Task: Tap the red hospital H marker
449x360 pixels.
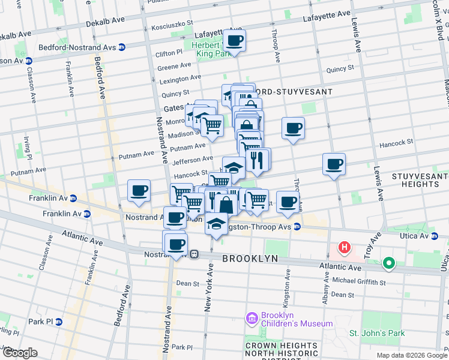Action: pos(345,247)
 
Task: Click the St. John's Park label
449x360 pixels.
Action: pos(377,333)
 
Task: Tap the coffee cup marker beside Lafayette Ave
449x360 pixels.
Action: pos(235,41)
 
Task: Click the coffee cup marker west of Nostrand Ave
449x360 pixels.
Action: pos(139,191)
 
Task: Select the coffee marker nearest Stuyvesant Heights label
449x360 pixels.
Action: pos(334,163)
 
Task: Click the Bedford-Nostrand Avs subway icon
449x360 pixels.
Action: pos(122,47)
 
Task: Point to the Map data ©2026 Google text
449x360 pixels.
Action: pos(411,355)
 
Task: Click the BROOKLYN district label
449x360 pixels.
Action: pos(250,258)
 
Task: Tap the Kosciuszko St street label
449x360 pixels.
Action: pos(172,26)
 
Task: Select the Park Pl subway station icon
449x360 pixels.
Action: pos(58,322)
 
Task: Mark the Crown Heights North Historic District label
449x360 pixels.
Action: pos(281,351)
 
